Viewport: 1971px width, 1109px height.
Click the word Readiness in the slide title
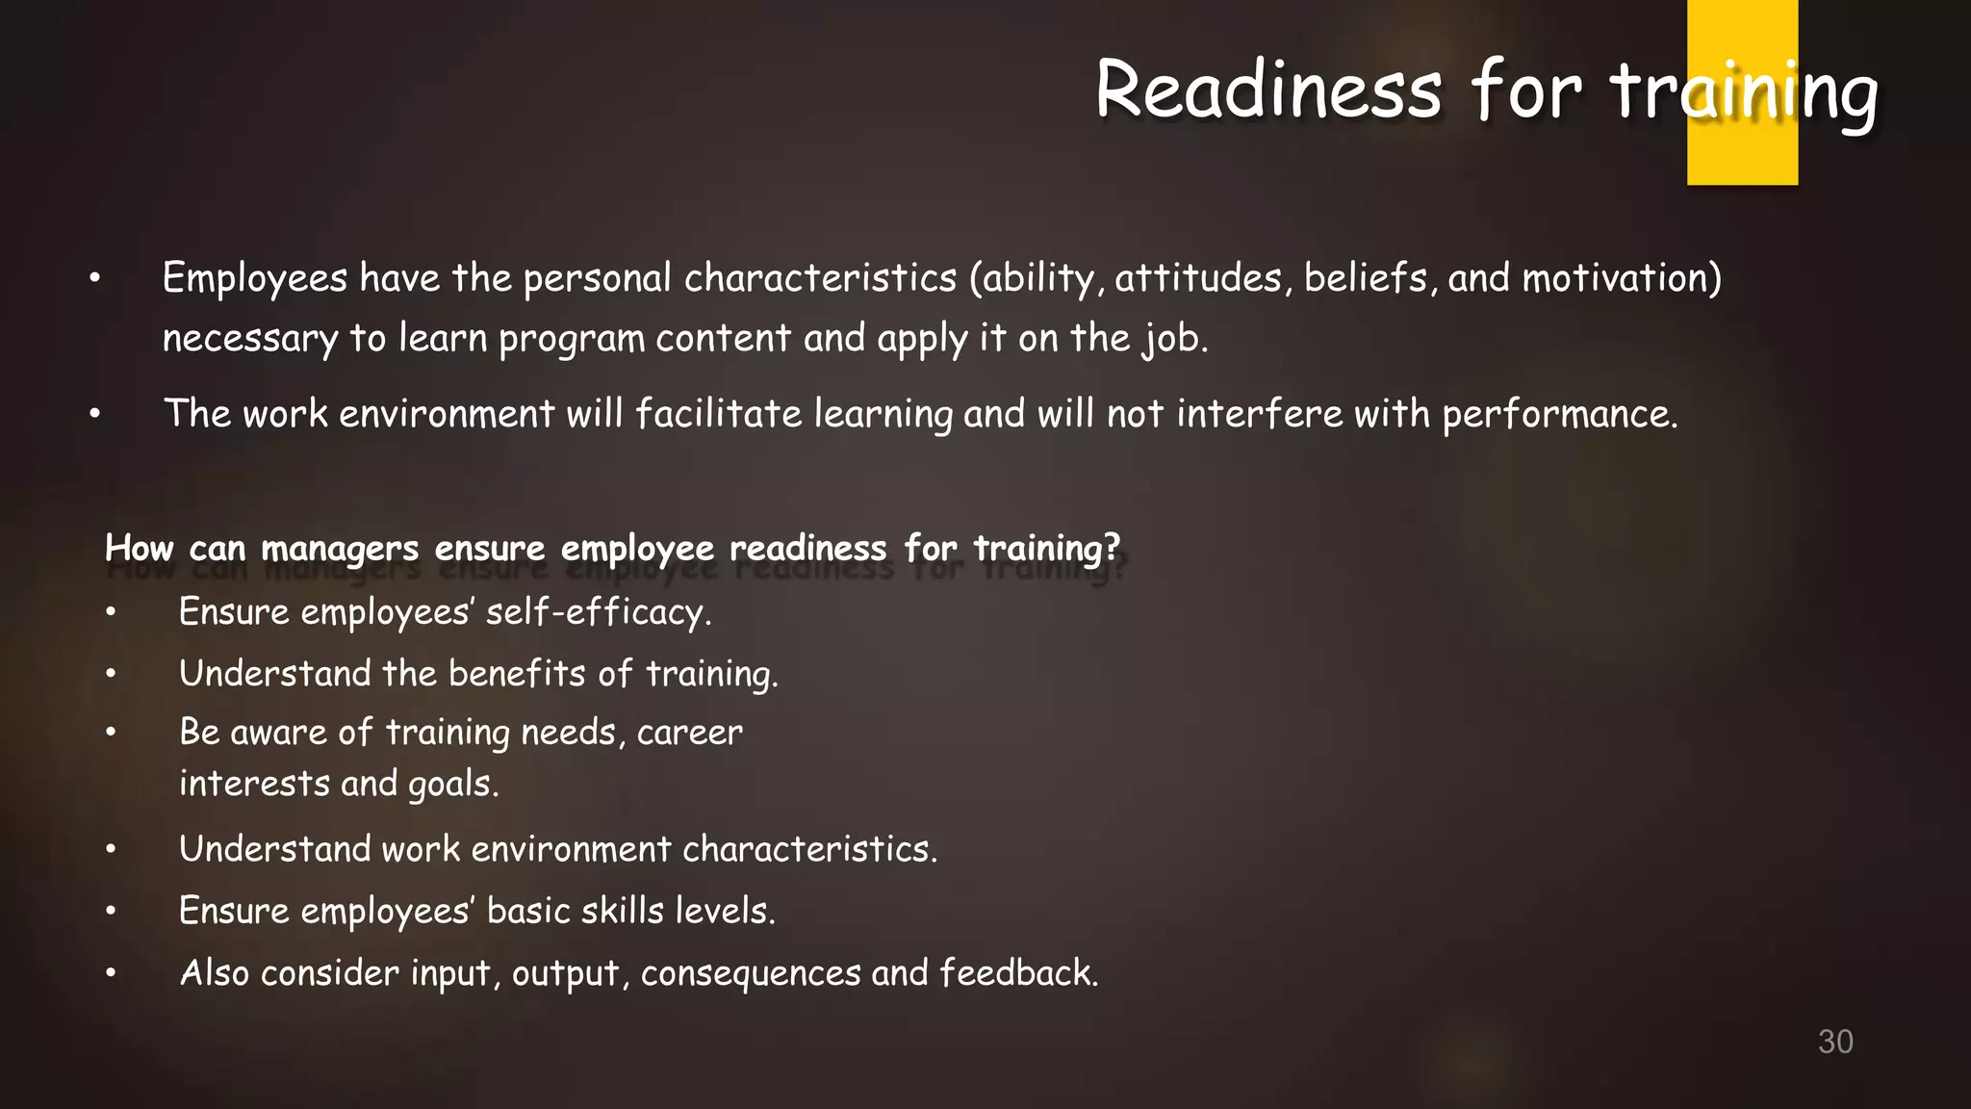1268,91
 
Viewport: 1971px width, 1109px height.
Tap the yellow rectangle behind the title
1742,154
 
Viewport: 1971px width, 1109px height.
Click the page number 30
1835,1042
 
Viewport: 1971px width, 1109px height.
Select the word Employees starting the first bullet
255,279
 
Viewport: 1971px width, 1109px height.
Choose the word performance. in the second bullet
1559,415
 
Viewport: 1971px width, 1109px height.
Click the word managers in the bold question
340,549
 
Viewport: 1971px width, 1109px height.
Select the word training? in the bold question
1047,549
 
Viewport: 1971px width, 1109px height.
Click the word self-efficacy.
598,613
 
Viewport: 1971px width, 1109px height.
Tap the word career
689,734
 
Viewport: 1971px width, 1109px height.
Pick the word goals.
453,785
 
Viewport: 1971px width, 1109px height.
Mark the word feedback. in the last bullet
1018,973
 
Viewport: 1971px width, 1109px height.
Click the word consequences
751,974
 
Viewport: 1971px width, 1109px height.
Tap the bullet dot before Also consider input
111,973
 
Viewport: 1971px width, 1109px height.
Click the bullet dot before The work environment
94,415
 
